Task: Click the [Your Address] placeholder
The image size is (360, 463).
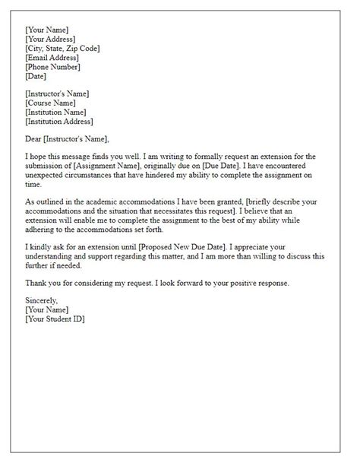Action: click(50, 39)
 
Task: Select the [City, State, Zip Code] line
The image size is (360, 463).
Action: click(62, 49)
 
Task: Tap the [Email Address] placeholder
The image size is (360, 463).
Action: click(53, 58)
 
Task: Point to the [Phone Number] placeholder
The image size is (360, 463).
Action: click(52, 67)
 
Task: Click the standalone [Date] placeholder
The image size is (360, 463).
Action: click(36, 76)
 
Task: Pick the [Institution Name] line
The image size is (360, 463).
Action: click(57, 112)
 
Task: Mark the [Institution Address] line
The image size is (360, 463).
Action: click(60, 121)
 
